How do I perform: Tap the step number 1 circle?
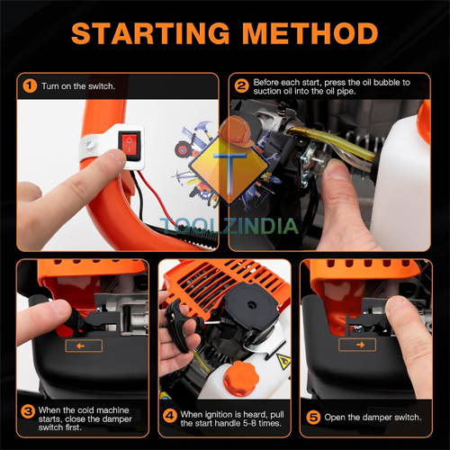[x=30, y=86]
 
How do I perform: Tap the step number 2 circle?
[x=240, y=87]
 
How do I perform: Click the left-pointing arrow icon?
[x=83, y=345]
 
